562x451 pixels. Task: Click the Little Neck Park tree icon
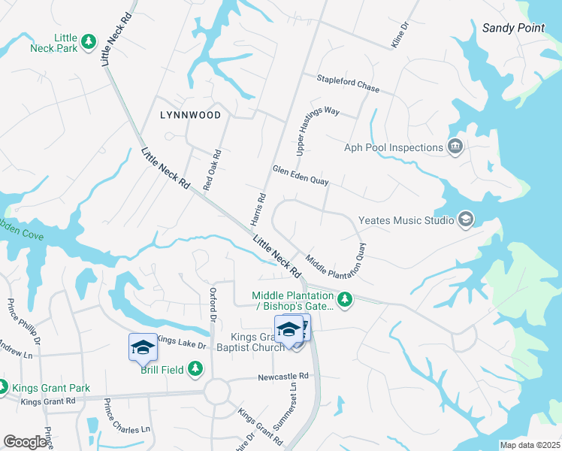pos(89,41)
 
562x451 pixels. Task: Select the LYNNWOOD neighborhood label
pos(191,115)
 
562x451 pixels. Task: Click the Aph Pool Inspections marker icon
pos(454,147)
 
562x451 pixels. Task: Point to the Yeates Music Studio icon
pos(465,219)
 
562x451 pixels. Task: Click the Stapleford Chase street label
pos(348,83)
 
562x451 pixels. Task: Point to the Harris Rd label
pos(258,208)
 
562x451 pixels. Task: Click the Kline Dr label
pos(399,35)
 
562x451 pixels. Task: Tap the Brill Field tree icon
pos(195,368)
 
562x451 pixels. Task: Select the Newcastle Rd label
pos(283,376)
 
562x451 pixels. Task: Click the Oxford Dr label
pos(213,303)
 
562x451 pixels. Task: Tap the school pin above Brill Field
pos(143,347)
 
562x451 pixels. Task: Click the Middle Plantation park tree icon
pos(344,301)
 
